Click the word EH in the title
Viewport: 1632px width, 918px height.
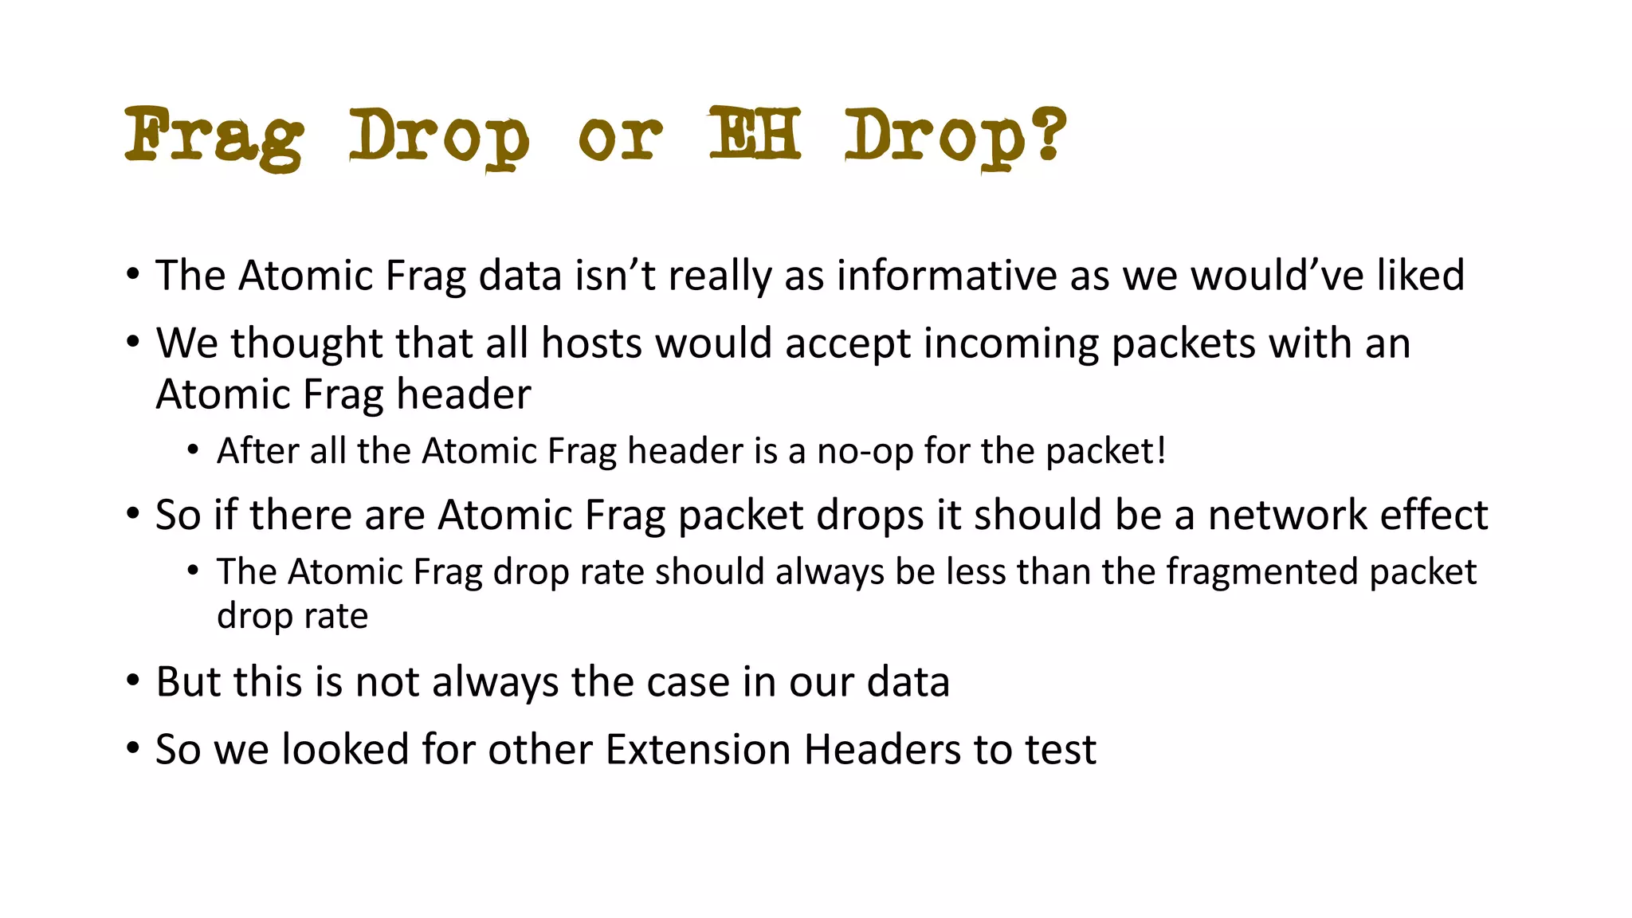pos(754,134)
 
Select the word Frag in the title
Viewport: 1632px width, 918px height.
pos(214,137)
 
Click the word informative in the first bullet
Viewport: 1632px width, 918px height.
pos(947,276)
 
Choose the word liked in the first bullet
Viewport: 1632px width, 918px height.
pos(1421,276)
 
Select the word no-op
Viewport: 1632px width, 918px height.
pos(865,452)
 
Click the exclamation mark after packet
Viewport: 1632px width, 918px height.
pos(1161,451)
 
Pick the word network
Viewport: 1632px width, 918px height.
pos(1288,515)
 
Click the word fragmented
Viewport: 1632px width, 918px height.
pos(1261,572)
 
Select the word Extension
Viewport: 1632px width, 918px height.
pos(697,750)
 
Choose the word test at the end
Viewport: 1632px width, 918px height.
pos(1060,750)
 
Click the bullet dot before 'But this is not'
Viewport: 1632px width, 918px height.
pos(133,681)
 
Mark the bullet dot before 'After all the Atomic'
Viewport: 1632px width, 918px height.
pos(193,451)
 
